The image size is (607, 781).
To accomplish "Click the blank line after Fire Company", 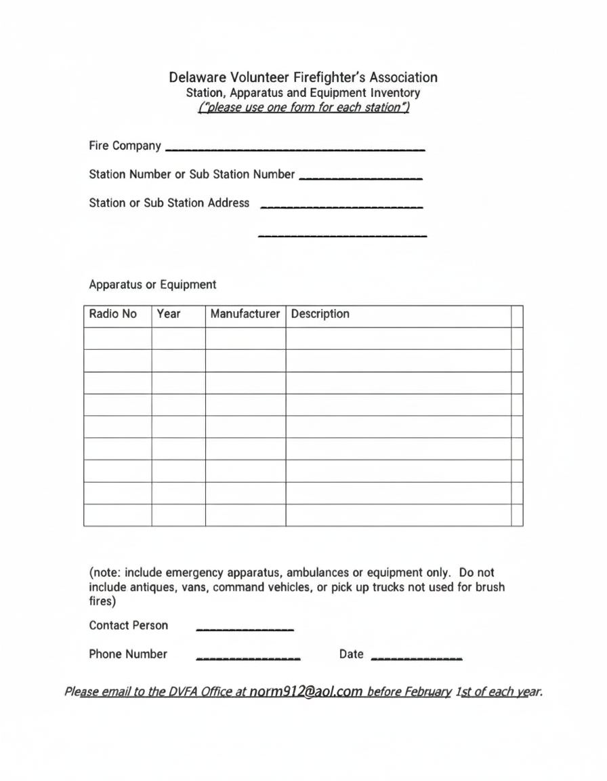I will (x=295, y=148).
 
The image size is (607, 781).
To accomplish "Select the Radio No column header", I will (x=113, y=315).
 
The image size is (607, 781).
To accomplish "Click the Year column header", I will (x=169, y=315).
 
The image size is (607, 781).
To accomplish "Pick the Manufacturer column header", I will (x=245, y=315).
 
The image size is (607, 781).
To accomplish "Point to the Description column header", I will (x=320, y=315).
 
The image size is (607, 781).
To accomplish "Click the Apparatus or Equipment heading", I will (x=152, y=285).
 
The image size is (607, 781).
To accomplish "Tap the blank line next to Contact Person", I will (x=245, y=629).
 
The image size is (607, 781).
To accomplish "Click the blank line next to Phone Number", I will (x=248, y=658).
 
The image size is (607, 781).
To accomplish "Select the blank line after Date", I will (x=417, y=658).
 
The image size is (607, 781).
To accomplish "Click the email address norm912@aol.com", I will (x=306, y=692).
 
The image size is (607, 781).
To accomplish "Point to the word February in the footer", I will (x=428, y=692).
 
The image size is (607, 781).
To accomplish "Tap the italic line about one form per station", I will (x=303, y=108).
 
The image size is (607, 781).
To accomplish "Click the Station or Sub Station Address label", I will (x=169, y=203).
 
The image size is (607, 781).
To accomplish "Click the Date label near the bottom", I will (x=351, y=654).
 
